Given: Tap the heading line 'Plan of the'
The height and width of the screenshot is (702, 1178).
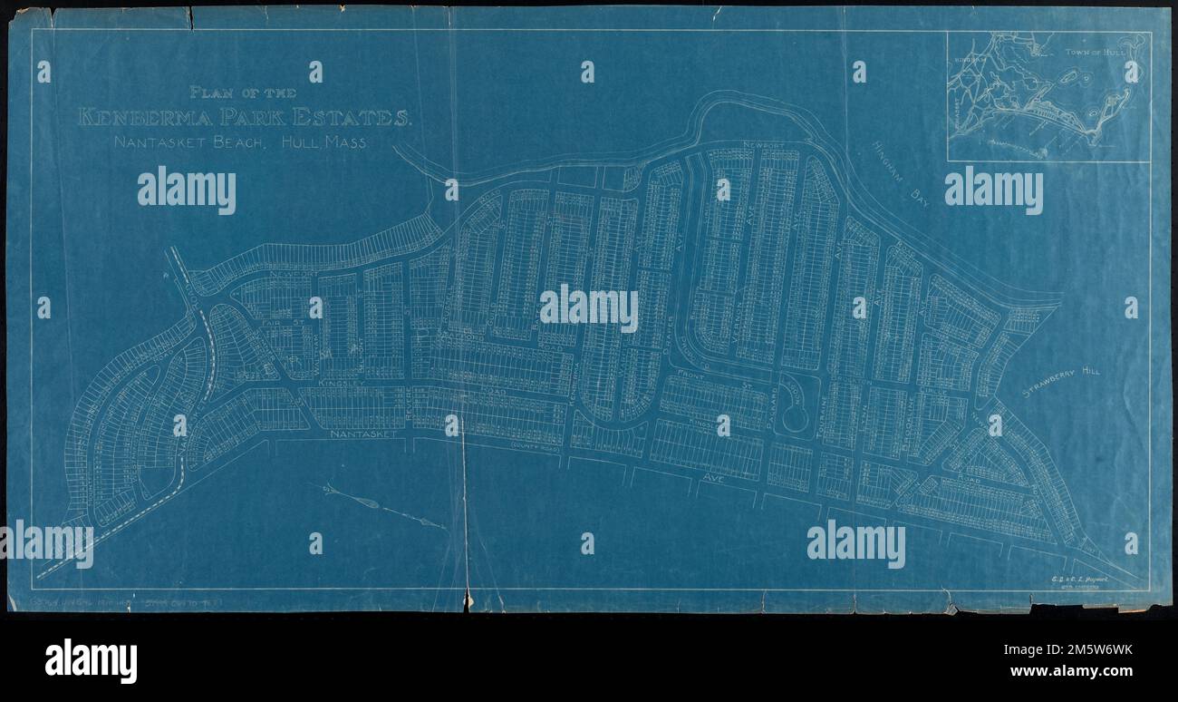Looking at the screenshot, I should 244,92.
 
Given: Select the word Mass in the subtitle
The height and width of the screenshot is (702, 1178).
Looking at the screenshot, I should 349,143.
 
